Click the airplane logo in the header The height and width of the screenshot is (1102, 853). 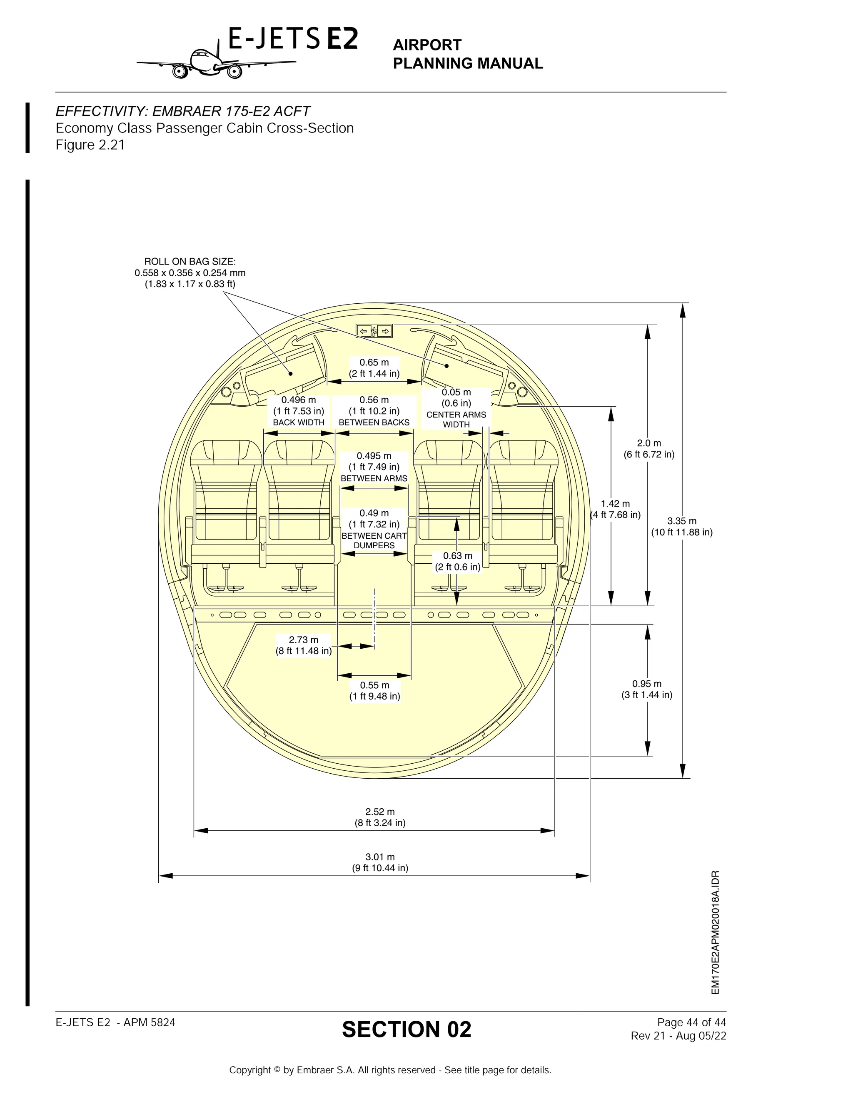[x=215, y=62]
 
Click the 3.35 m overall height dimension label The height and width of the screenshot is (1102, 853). [x=681, y=526]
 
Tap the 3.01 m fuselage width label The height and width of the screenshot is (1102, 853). [x=380, y=862]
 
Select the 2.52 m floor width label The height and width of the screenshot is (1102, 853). [x=380, y=817]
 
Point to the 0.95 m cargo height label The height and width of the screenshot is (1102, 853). [x=647, y=689]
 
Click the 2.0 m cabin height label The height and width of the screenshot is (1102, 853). [x=648, y=449]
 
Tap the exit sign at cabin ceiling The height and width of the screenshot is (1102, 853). [x=374, y=331]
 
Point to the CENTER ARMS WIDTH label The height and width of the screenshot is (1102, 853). [x=456, y=419]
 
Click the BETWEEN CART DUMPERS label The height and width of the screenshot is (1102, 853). [x=374, y=540]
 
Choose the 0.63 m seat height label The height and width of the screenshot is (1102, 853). [x=457, y=561]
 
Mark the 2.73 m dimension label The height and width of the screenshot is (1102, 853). [x=303, y=645]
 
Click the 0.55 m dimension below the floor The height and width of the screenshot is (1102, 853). [x=374, y=690]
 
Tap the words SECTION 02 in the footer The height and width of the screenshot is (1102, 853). [x=406, y=1030]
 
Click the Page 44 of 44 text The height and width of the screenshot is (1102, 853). [x=691, y=1022]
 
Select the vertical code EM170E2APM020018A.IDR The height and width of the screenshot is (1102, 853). [x=715, y=933]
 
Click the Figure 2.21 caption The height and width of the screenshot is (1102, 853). [x=90, y=145]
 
